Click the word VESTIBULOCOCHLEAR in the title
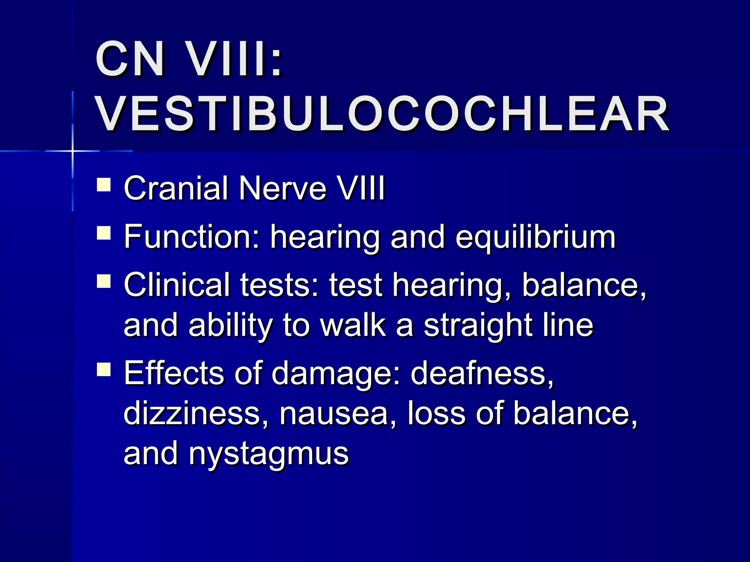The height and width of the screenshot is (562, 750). [383, 114]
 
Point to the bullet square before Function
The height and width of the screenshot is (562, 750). [104, 233]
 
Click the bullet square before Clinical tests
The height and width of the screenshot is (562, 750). [104, 281]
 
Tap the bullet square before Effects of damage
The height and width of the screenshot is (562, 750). [104, 369]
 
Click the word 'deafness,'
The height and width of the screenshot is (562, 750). [482, 373]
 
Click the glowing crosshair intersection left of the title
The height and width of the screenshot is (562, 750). [73, 151]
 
